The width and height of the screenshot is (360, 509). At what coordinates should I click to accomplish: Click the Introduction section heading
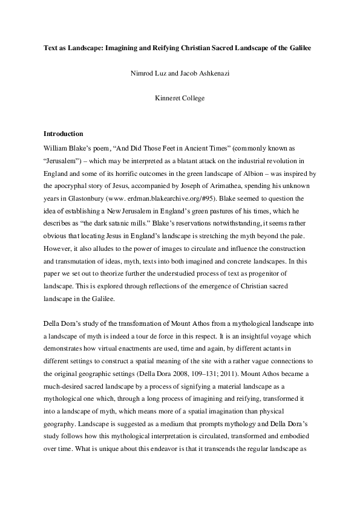(x=64, y=133)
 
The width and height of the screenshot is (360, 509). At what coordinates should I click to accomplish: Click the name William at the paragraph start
(x=56, y=146)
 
